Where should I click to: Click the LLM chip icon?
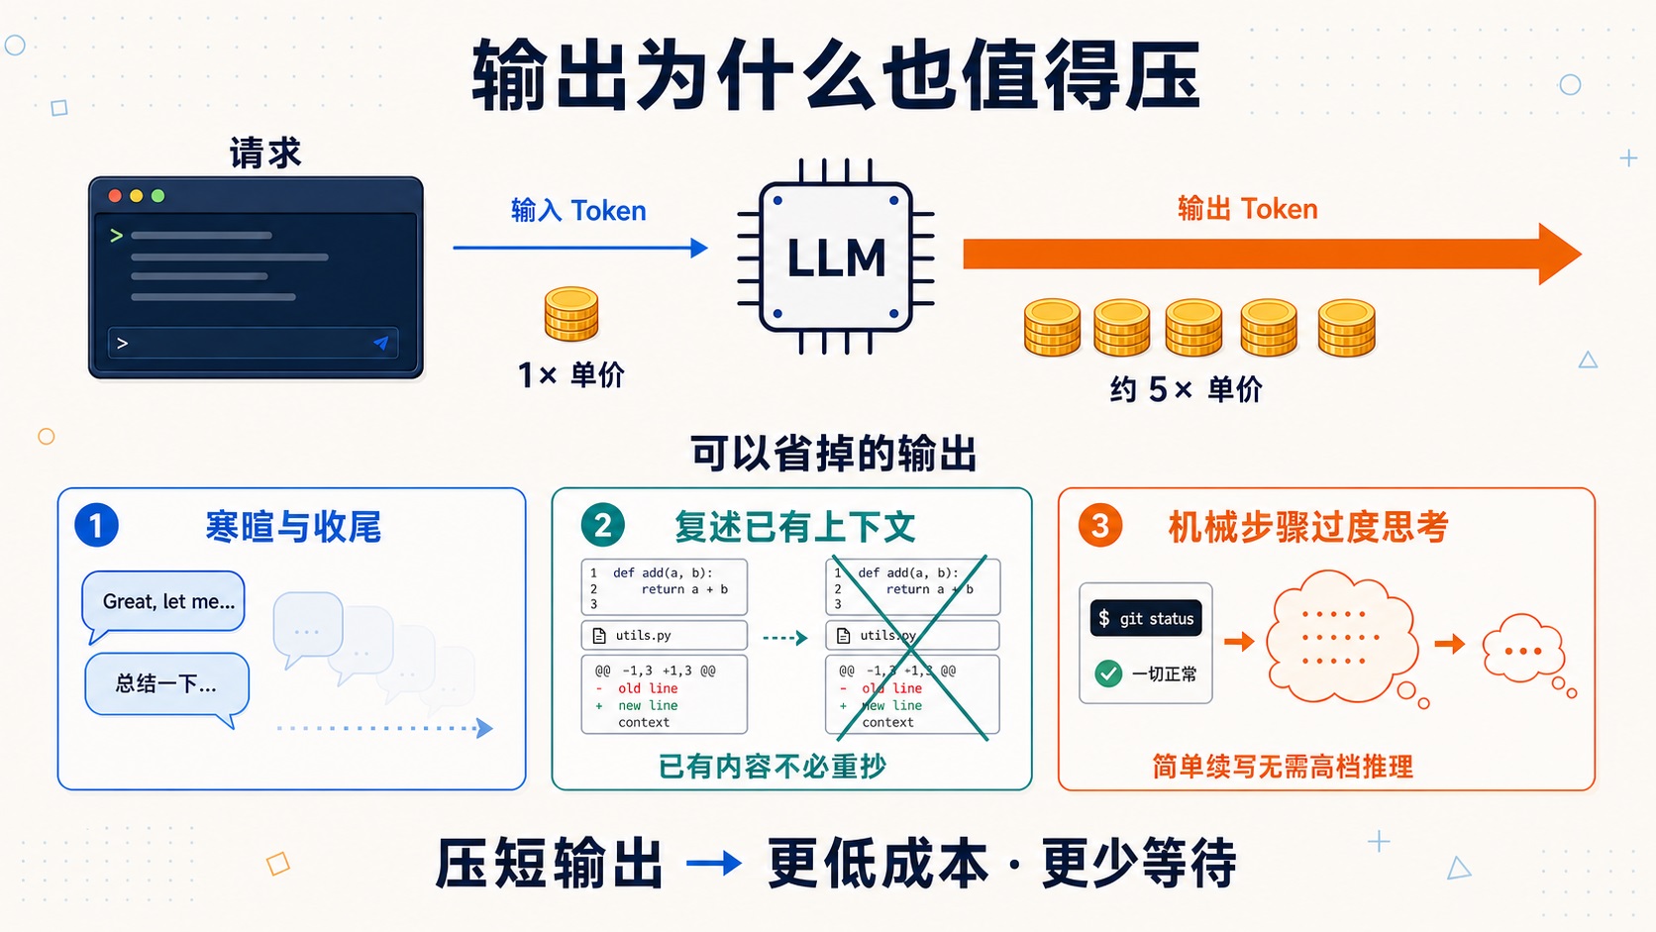click(836, 257)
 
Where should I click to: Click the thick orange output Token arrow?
click(1272, 255)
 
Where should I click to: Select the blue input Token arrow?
click(580, 248)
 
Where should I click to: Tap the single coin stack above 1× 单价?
click(571, 314)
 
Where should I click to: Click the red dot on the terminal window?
click(115, 196)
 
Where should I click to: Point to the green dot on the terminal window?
click(157, 196)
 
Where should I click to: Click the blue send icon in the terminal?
click(380, 343)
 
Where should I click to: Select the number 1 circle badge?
click(96, 526)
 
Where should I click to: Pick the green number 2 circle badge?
click(602, 526)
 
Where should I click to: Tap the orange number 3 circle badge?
click(1100, 526)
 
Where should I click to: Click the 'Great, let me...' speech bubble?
click(163, 604)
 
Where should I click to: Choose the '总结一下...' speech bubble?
click(167, 687)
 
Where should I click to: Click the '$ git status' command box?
click(1146, 618)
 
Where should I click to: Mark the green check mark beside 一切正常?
click(1108, 673)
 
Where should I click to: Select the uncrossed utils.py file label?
click(665, 636)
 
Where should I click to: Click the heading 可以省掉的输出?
click(833, 453)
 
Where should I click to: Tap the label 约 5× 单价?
click(1186, 389)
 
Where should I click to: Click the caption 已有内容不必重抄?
click(772, 767)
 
